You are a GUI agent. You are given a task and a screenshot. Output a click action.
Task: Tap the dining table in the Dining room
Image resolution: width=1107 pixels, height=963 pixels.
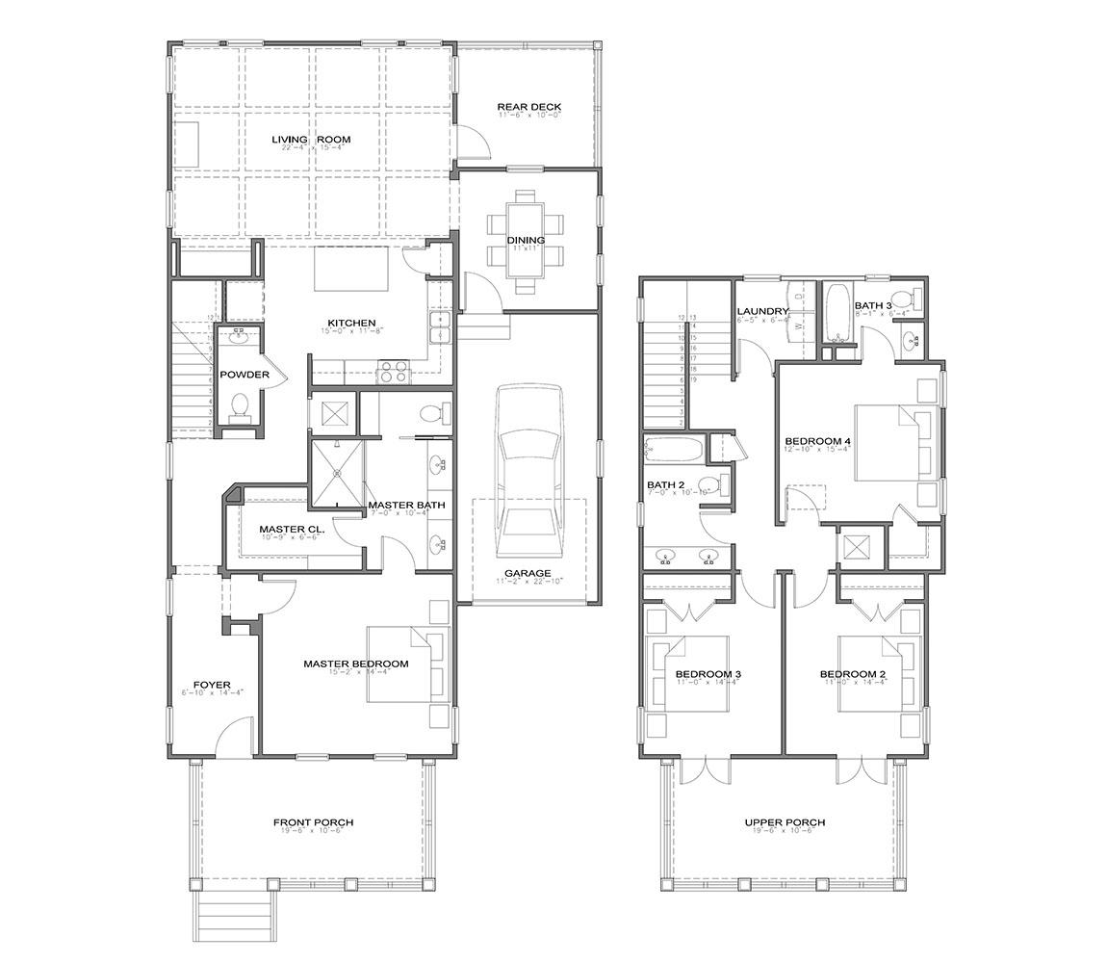pos(526,241)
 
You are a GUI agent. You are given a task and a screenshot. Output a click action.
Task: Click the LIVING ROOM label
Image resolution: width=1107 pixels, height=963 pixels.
pos(310,140)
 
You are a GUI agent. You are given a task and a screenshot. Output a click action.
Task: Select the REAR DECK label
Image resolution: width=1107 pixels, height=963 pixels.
pos(528,107)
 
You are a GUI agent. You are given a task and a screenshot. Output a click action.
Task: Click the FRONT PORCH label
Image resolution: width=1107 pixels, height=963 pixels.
pos(313,822)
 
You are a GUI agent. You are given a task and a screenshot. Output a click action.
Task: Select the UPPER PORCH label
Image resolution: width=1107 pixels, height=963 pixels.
pos(785,822)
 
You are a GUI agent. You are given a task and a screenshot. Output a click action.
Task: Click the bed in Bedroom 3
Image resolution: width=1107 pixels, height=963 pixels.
pos(687,673)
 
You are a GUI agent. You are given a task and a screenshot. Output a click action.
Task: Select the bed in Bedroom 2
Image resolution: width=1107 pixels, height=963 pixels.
pos(878,673)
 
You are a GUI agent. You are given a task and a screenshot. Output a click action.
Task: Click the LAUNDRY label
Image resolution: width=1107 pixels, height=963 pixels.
pos(762,311)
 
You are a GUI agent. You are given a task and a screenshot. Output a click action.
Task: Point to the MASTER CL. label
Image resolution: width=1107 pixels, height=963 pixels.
pos(292,530)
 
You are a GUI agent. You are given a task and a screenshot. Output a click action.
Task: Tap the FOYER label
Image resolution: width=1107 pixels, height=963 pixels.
pos(212,685)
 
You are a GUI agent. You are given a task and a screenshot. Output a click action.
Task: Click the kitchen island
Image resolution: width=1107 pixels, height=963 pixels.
pos(353,269)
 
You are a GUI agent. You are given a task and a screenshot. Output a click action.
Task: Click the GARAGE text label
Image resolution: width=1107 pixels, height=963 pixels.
pos(528,573)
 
